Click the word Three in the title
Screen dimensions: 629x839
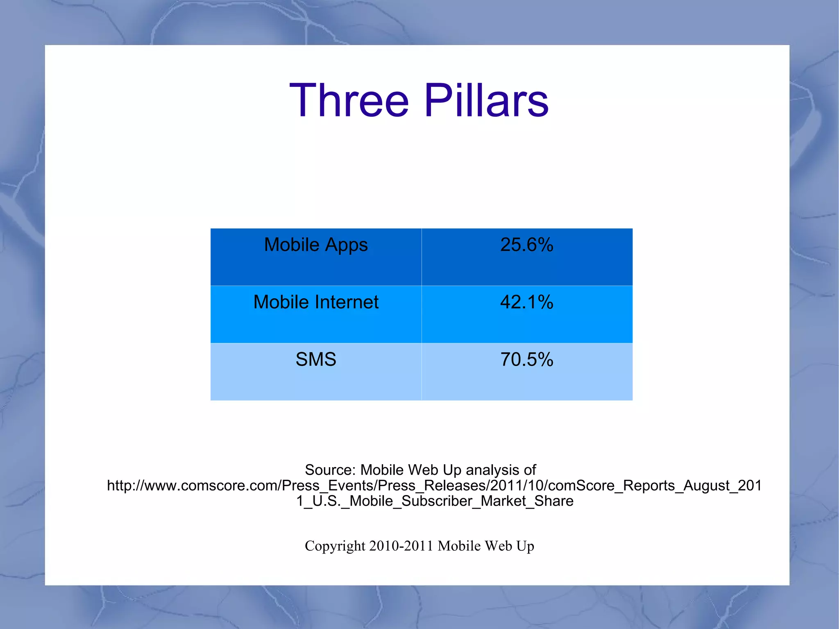pos(349,101)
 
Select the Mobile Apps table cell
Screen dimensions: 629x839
pos(316,257)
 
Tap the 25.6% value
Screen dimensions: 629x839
pos(526,245)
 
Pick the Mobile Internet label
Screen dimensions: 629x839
pos(316,302)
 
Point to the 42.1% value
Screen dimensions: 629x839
pos(526,302)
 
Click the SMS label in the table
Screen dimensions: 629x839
pos(316,360)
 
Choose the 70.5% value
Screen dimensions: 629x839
pos(526,360)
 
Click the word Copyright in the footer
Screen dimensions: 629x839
pos(335,546)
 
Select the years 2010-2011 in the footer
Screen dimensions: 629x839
pos(401,546)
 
